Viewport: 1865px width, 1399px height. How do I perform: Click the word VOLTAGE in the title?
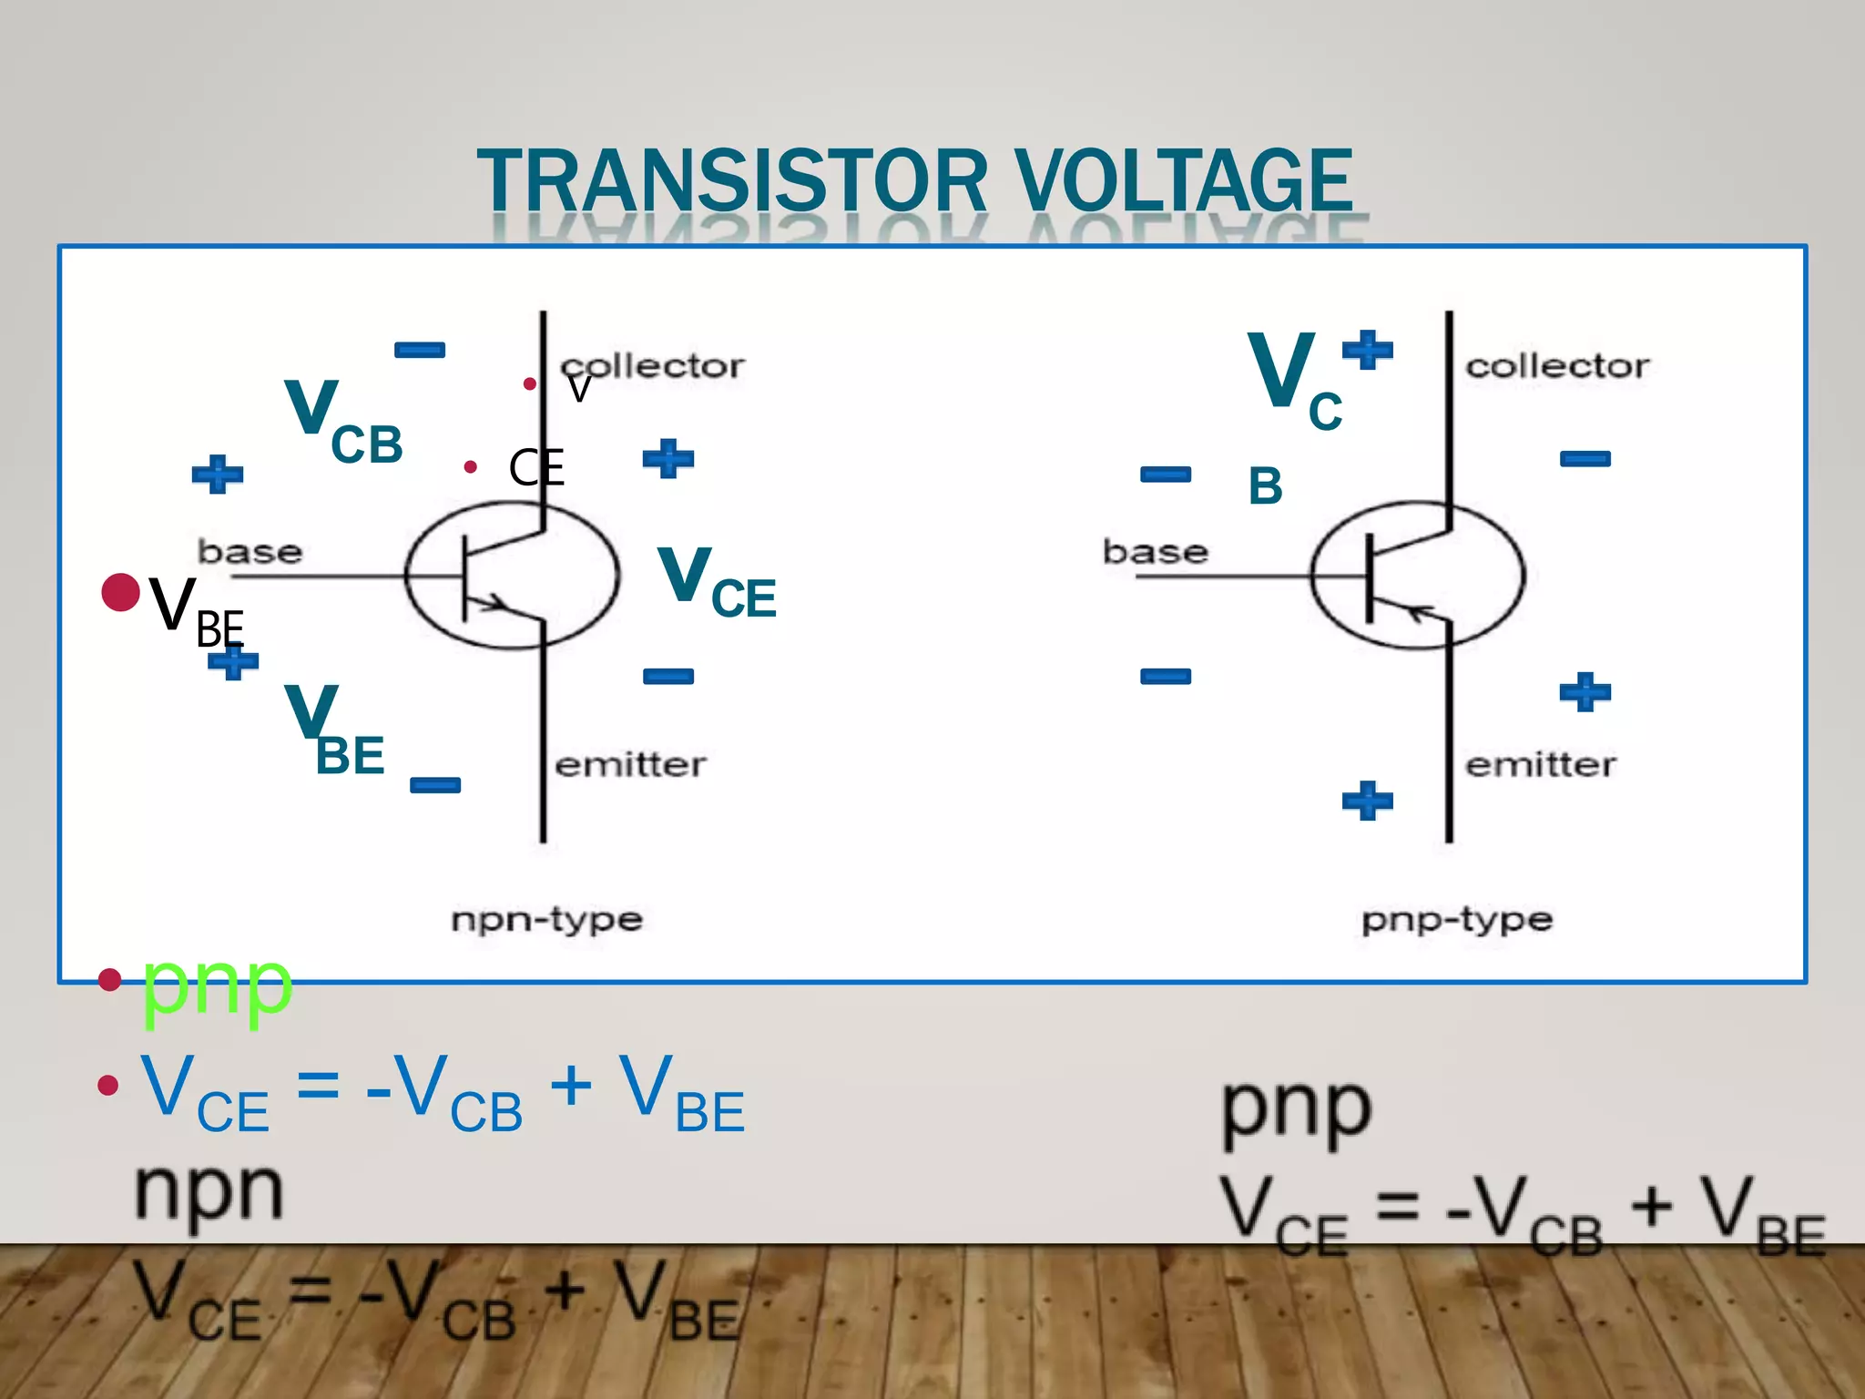pos(1184,182)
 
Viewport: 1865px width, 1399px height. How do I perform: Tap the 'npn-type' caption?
pos(546,920)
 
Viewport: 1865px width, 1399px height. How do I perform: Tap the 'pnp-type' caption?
pos(1457,920)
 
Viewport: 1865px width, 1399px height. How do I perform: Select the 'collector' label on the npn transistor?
pos(652,366)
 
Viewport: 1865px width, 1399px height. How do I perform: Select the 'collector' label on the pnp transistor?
pos(1557,366)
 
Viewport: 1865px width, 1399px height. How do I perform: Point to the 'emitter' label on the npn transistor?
pos(630,765)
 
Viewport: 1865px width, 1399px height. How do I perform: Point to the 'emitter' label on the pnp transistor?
pos(1541,765)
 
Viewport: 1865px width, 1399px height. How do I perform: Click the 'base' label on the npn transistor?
pos(250,552)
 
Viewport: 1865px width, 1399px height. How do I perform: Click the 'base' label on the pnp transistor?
pos(1155,552)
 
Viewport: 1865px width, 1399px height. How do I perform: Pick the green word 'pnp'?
pos(217,985)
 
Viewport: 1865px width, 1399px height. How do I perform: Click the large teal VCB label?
pos(342,421)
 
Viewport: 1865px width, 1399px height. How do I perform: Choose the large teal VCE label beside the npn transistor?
pos(716,583)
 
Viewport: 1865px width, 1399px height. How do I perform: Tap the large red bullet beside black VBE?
pos(120,593)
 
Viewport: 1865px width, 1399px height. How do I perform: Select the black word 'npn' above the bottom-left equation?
pos(209,1191)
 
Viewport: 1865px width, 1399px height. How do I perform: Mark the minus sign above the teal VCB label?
pos(419,351)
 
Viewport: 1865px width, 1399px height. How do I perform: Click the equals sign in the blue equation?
pos(318,1085)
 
